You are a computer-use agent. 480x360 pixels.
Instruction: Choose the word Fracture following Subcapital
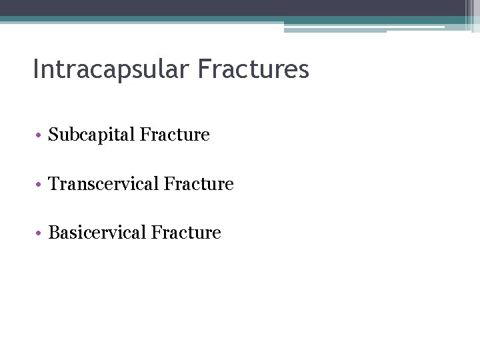pyautogui.click(x=174, y=135)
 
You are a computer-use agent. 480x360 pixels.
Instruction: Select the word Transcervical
pyautogui.click(x=103, y=183)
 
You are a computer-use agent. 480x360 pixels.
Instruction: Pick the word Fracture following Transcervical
pyautogui.click(x=199, y=183)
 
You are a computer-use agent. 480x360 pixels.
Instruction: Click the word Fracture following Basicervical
pyautogui.click(x=186, y=232)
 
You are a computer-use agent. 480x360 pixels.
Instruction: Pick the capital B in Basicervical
pyautogui.click(x=54, y=232)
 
